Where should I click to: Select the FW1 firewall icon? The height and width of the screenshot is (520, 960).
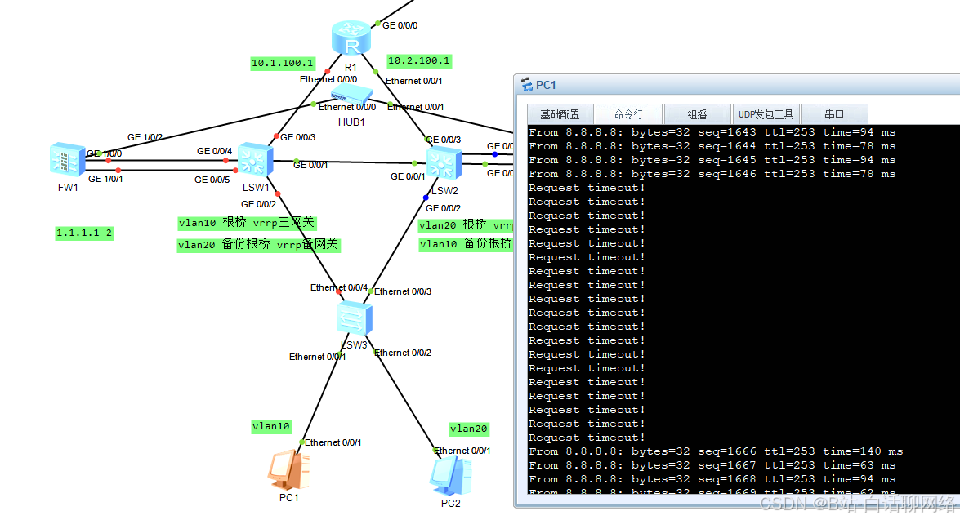click(65, 160)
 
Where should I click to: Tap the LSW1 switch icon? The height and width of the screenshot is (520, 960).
click(256, 160)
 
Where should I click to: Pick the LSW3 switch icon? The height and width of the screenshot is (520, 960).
click(355, 316)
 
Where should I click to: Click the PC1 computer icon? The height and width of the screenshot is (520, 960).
click(288, 469)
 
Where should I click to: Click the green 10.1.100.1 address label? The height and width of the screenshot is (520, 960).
click(283, 63)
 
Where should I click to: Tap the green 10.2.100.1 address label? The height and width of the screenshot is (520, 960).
click(419, 60)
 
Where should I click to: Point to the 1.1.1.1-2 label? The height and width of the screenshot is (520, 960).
click(84, 233)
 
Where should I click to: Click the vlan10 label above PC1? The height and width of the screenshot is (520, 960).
click(271, 426)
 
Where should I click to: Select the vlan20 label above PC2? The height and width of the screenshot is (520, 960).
click(469, 429)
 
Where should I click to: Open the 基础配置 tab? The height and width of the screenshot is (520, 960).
click(560, 114)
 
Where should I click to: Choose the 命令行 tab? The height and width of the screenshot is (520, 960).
click(628, 114)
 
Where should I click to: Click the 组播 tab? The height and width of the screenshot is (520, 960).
click(697, 114)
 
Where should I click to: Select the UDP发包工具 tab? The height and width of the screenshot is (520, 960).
click(766, 114)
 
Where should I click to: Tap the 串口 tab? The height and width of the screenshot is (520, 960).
click(834, 114)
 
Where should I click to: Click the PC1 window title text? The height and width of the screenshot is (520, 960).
click(546, 85)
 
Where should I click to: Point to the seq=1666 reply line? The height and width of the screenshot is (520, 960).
click(716, 451)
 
